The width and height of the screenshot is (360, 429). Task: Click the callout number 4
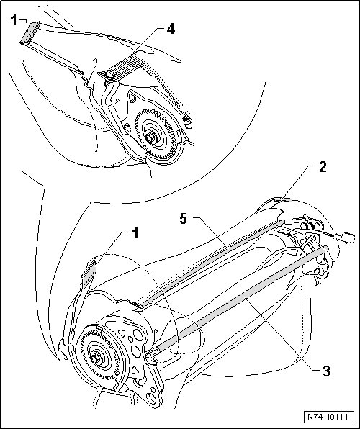pyautogui.click(x=171, y=29)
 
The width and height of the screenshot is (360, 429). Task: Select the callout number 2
pyautogui.click(x=323, y=166)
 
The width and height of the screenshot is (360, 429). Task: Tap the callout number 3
pyautogui.click(x=325, y=371)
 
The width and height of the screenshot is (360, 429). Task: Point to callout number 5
pyautogui.click(x=184, y=219)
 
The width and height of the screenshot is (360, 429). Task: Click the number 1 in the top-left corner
pyautogui.click(x=14, y=20)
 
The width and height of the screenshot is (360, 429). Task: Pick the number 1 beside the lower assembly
pyautogui.click(x=135, y=234)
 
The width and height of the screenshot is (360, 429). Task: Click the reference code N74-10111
pyautogui.click(x=328, y=417)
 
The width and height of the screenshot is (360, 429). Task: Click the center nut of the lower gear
pyautogui.click(x=95, y=358)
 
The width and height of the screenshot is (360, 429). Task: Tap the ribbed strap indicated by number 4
pyautogui.click(x=120, y=68)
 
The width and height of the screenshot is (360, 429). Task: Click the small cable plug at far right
pyautogui.click(x=347, y=236)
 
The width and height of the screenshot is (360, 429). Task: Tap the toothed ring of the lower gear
pyautogui.click(x=82, y=343)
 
